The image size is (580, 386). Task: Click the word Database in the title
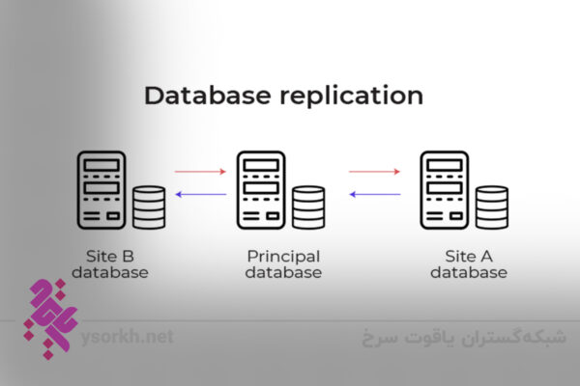coord(199,96)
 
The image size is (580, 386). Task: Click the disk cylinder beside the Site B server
coord(150,207)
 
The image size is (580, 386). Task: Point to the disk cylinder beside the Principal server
coord(308,207)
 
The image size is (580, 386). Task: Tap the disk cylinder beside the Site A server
coord(491,207)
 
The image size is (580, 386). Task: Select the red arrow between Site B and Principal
coord(200,172)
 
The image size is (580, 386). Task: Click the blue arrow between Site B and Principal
coord(200,194)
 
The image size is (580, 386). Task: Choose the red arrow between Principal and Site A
coord(374,172)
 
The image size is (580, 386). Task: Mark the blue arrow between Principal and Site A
coord(374,194)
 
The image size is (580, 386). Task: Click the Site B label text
coord(111,256)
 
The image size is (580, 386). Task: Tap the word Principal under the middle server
coord(283,256)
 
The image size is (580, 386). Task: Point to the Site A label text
coord(468,256)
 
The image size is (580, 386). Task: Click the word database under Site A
coord(468,273)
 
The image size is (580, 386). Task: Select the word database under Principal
coord(283,273)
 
